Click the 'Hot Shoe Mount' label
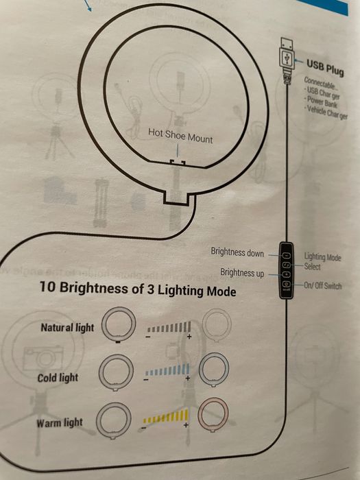(181, 134)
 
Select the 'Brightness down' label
(237, 253)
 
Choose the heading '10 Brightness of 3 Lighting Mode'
(138, 290)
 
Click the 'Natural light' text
(67, 328)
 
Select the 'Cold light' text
(58, 378)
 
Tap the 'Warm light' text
(60, 423)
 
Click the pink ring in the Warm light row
(213, 416)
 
